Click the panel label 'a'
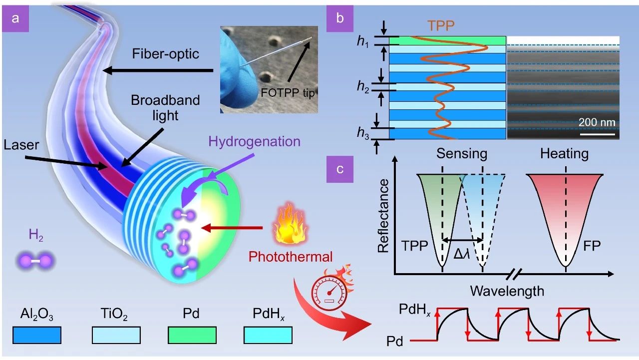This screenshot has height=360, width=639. pyautogui.click(x=16, y=19)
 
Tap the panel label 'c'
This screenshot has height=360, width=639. pyautogui.click(x=340, y=168)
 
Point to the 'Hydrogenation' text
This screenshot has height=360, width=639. pyautogui.click(x=255, y=141)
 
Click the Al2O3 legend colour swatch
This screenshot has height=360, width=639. pyautogui.click(x=37, y=335)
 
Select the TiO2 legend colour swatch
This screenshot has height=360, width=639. pyautogui.click(x=116, y=335)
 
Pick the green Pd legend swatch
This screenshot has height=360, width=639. pyautogui.click(x=192, y=335)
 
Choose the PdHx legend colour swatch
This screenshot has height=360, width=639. pyautogui.click(x=268, y=335)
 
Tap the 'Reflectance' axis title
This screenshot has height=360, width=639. pyautogui.click(x=384, y=215)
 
